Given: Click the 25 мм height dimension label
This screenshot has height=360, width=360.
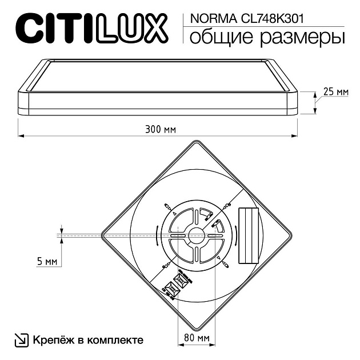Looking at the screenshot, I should tap(335, 91).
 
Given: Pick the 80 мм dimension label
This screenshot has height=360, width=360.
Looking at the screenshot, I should tap(197, 338).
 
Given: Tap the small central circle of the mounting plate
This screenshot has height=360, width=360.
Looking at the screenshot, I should tap(197, 234).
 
